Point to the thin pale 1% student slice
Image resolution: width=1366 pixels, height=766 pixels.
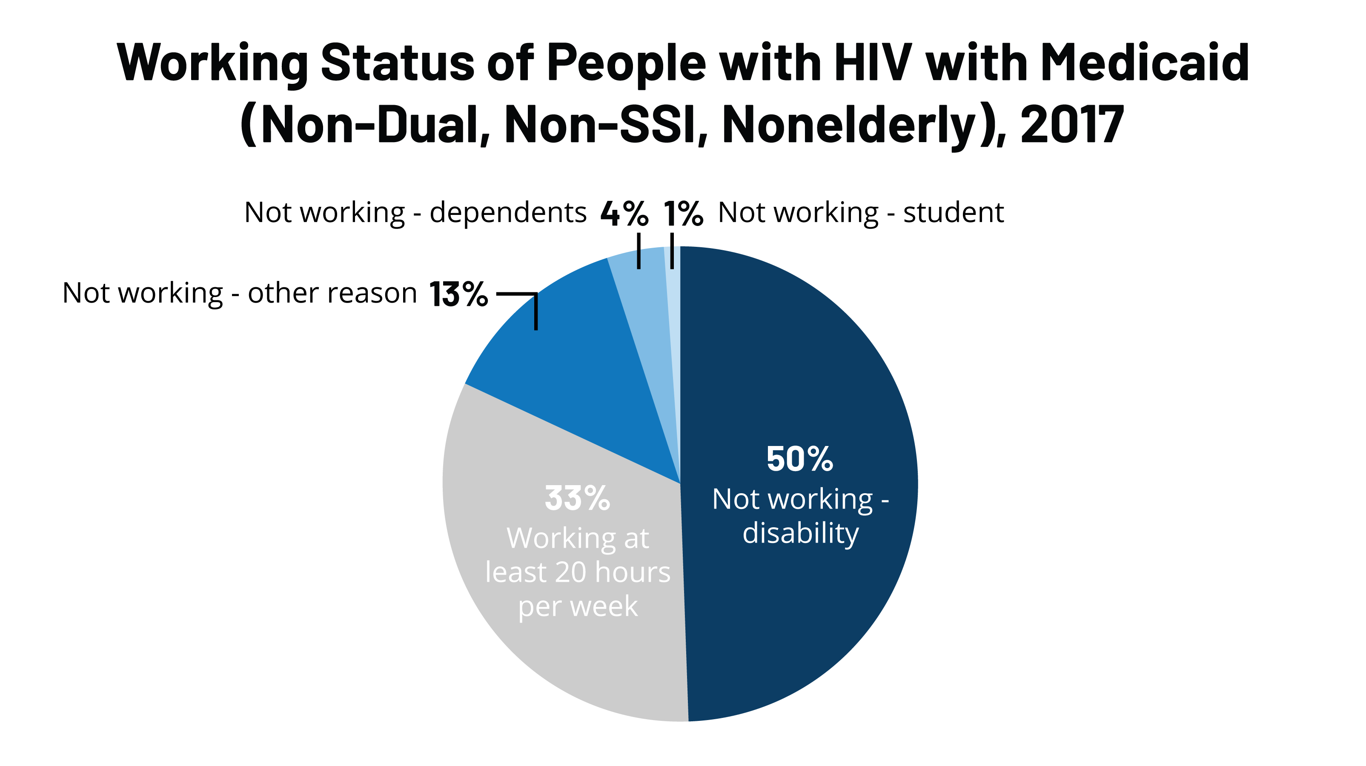pyautogui.click(x=673, y=318)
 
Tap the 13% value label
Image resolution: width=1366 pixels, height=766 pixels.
pyautogui.click(x=458, y=294)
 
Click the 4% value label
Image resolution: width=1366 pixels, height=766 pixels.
pyautogui.click(x=624, y=213)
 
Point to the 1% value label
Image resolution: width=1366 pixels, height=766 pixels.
pyautogui.click(x=682, y=213)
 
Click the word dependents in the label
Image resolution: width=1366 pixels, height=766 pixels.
pyautogui.click(x=507, y=213)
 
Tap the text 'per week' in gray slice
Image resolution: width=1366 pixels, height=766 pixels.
pyautogui.click(x=578, y=606)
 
